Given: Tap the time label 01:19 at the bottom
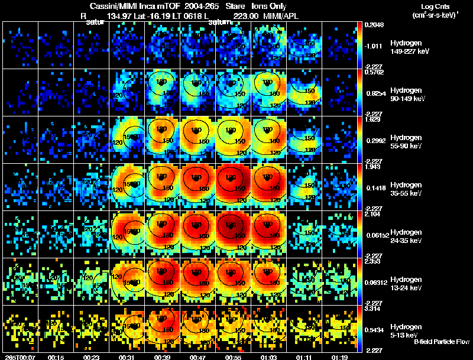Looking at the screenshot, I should pyautogui.click(x=339, y=357).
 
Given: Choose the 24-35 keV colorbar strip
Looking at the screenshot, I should pyautogui.click(x=360, y=234).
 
